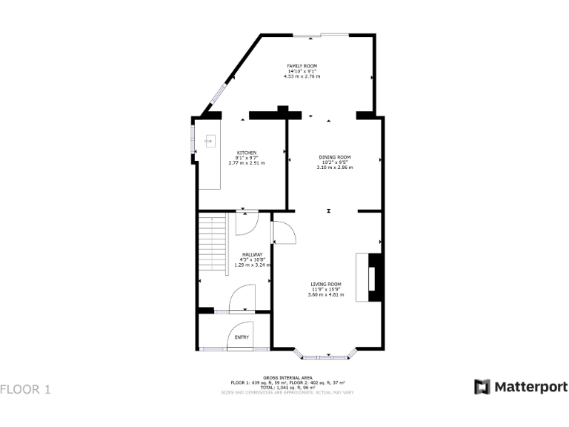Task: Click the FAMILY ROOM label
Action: point(302,66)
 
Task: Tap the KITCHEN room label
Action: point(246,153)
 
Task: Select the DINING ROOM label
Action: point(334,157)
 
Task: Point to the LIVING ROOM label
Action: point(325,284)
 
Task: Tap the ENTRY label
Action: point(242,337)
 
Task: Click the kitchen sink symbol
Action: point(210,139)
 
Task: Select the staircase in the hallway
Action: point(213,245)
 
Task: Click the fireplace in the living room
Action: point(370,277)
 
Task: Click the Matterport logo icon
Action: point(482,387)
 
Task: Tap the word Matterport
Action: point(530,387)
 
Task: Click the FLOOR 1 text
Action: point(25,388)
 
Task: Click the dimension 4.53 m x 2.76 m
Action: point(302,76)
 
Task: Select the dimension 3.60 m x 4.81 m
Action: point(325,294)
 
